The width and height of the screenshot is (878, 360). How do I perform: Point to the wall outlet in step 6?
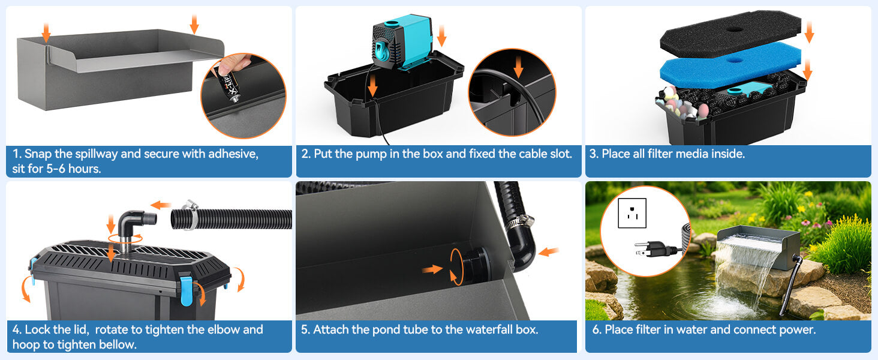point(632,213)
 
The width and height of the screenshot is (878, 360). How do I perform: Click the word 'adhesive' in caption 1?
point(233,154)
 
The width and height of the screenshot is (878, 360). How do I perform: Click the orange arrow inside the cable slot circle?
point(519,67)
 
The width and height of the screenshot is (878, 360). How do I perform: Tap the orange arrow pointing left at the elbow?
point(161,205)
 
